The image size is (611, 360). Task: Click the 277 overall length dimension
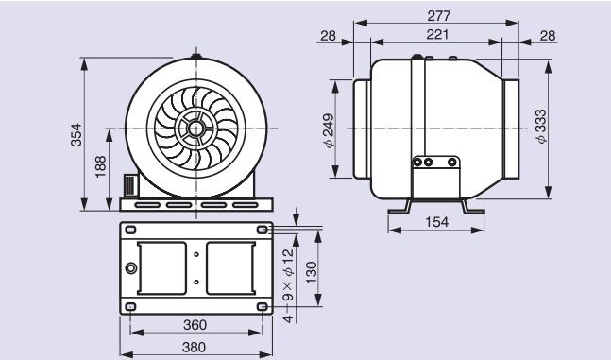pos(438,16)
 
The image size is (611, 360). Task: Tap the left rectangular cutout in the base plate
pos(161,267)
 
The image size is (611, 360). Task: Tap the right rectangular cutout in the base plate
pos(229,267)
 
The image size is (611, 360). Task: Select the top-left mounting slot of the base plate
pos(131,231)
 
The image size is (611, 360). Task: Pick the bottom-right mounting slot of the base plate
pos(261,307)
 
